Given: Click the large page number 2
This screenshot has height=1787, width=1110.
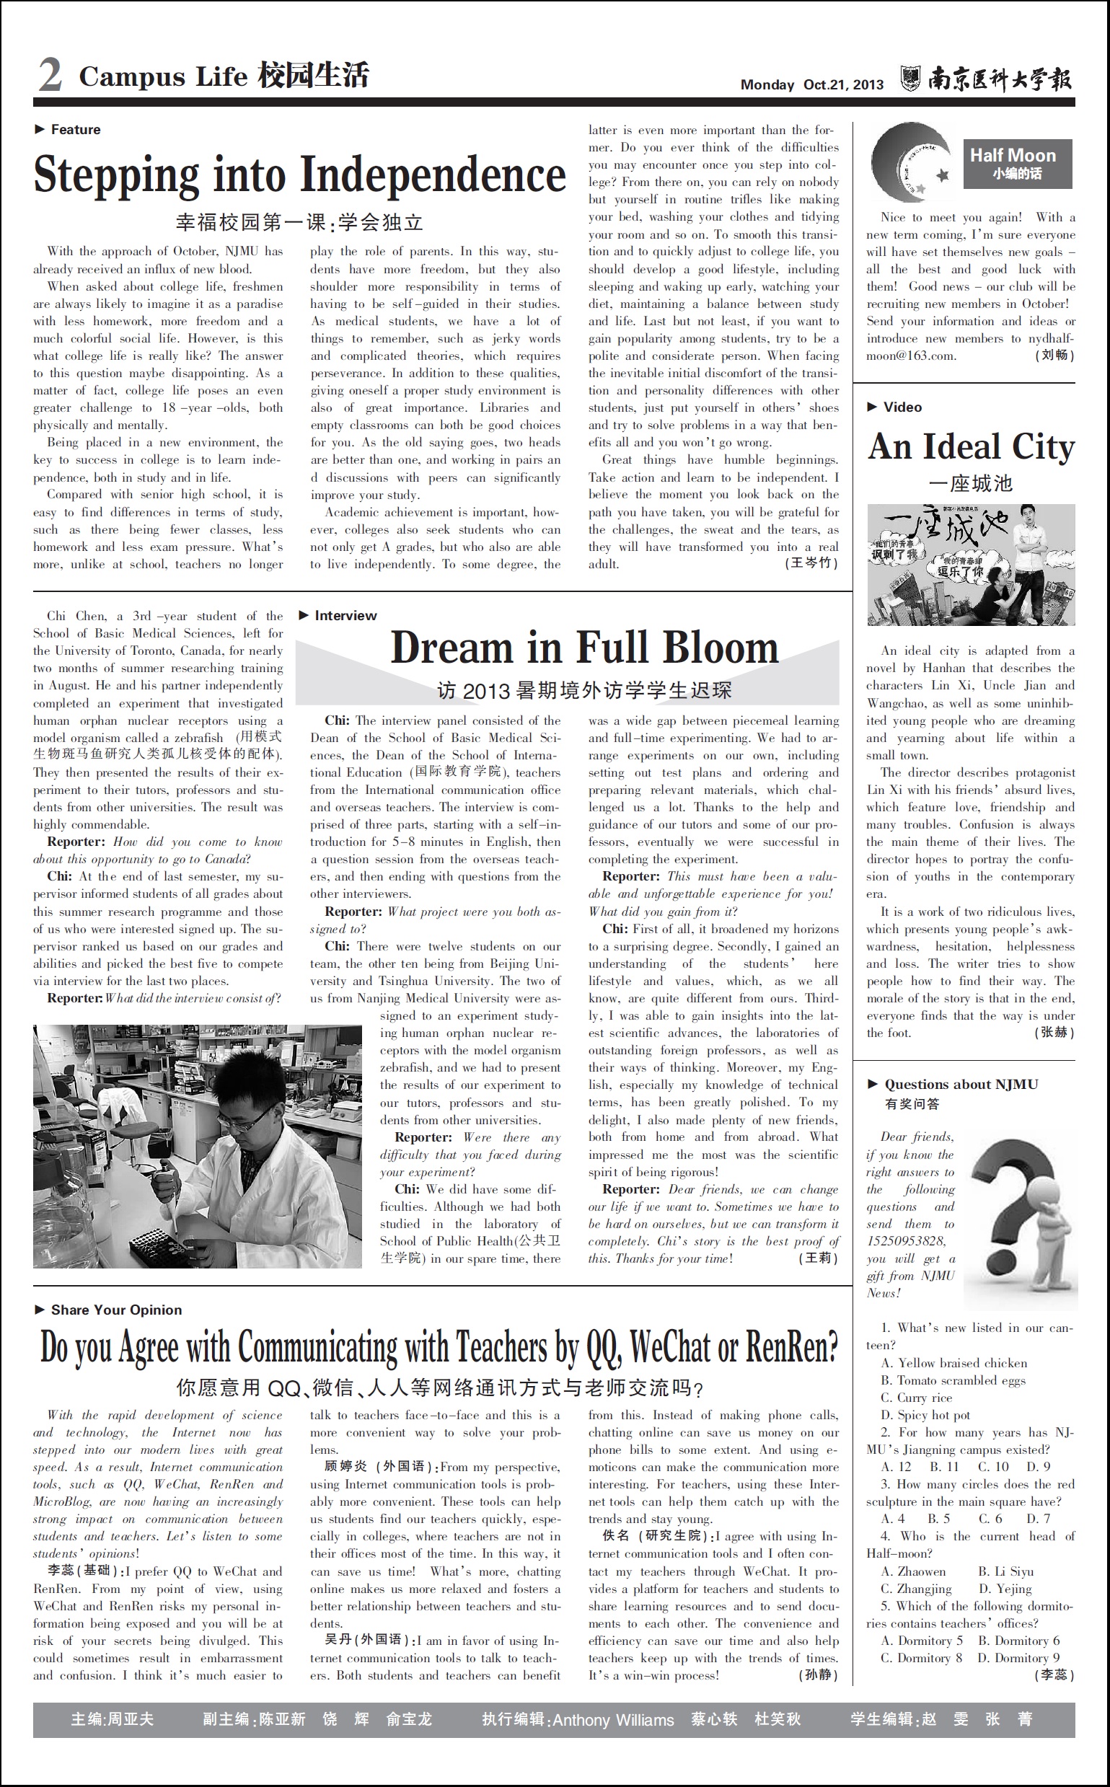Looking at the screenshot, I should pos(50,76).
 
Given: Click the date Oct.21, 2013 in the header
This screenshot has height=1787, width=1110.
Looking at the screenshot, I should pos(844,84).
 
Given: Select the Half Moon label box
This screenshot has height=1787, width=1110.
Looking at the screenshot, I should pos(1017,164).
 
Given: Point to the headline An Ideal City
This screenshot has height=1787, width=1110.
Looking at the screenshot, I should pos(971,446).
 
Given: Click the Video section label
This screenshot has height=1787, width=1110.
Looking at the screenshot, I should pos(902,407).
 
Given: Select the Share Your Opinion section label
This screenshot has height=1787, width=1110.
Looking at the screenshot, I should pos(116,1310).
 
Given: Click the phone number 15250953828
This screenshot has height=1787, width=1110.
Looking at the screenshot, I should pos(906,1241).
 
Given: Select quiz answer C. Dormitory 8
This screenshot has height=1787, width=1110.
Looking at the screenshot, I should pos(921,1658).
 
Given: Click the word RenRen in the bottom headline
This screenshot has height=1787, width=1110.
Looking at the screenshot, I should pos(791,1346).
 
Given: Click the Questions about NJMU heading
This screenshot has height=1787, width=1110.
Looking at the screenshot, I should pos(961,1085).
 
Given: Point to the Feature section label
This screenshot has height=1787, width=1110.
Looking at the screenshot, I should pos(75,130).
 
